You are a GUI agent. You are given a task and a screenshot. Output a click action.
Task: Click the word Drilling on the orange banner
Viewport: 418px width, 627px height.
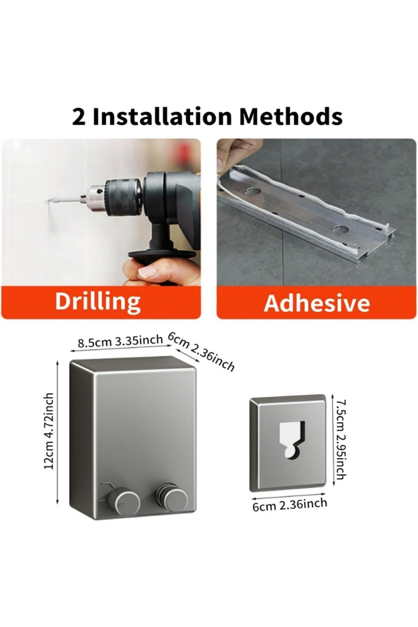(x=98, y=302)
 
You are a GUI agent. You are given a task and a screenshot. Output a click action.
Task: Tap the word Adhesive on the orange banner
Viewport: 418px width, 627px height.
(x=317, y=303)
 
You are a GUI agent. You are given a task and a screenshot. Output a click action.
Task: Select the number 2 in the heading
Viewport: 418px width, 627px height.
(x=79, y=117)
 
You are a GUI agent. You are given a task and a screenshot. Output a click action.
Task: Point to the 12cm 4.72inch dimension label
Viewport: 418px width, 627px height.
(x=49, y=431)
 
